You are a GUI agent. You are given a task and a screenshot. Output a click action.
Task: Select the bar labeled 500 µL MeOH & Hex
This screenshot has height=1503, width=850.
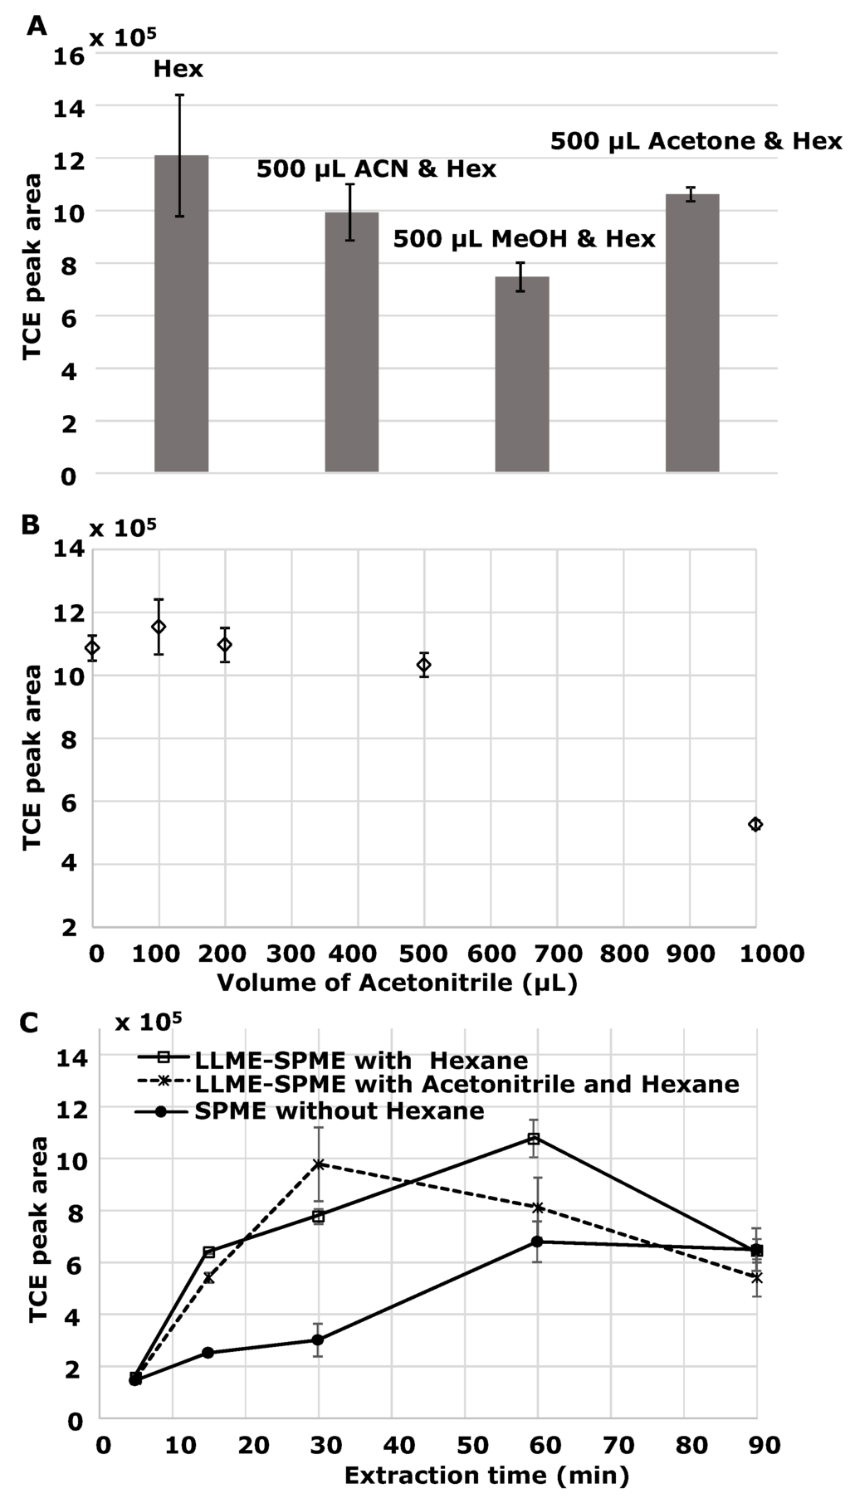(x=522, y=374)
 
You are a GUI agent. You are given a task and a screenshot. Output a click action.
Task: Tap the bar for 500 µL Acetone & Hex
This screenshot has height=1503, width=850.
(x=692, y=333)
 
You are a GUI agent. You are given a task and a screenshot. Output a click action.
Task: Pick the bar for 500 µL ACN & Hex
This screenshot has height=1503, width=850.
(x=351, y=342)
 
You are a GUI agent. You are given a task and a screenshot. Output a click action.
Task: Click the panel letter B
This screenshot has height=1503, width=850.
(x=31, y=525)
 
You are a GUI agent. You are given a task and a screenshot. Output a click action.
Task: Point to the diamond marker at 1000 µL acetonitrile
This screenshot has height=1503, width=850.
(x=755, y=824)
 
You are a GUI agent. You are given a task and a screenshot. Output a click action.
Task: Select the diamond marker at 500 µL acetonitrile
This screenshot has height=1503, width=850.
(x=424, y=664)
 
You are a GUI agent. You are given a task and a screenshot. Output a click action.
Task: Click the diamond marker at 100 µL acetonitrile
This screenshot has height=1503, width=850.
(x=159, y=627)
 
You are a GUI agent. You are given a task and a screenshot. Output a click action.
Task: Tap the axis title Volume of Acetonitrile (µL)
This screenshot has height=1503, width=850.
(x=397, y=983)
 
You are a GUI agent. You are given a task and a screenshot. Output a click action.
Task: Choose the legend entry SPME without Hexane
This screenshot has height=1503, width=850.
(x=339, y=1110)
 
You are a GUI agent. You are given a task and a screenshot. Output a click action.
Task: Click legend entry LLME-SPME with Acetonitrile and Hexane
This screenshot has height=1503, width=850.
(x=466, y=1084)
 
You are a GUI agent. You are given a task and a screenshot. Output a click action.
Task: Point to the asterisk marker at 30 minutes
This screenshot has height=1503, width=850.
(x=318, y=1164)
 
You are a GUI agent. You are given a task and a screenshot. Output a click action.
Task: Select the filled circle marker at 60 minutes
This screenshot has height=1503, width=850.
(x=537, y=1242)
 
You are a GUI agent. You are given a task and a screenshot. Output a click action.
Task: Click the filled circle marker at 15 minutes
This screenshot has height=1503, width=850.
(x=208, y=1353)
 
